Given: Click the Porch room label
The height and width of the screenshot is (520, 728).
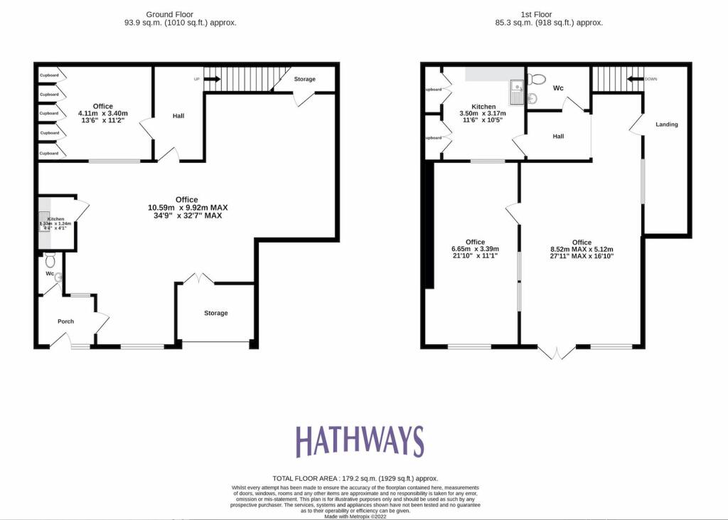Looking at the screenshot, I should [65, 322].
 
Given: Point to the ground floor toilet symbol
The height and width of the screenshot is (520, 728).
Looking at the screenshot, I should [49, 257].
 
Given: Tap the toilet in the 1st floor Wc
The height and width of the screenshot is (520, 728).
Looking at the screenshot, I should [537, 79].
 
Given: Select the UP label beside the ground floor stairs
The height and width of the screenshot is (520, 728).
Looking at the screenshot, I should [196, 79].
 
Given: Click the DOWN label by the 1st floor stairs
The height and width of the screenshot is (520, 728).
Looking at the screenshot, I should [650, 79].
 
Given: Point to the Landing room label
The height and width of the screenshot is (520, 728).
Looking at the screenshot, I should [666, 124].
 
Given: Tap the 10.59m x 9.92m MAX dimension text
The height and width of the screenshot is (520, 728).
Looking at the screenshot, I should [188, 208].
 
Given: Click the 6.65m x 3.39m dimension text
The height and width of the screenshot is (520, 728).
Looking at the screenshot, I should [475, 249].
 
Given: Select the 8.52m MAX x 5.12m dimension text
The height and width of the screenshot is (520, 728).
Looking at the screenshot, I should [582, 249].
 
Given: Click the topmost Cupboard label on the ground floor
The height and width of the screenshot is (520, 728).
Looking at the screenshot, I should [49, 75].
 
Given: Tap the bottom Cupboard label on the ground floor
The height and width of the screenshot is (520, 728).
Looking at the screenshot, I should [49, 153].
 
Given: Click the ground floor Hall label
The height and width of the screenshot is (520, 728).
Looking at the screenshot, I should [178, 115].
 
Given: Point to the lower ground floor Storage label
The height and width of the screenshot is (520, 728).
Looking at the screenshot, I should [216, 313].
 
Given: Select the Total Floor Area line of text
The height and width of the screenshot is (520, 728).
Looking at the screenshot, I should [355, 479].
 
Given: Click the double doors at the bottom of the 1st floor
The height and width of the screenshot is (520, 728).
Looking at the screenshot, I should [556, 352].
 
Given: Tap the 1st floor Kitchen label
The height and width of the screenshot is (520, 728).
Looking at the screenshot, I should [483, 107].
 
